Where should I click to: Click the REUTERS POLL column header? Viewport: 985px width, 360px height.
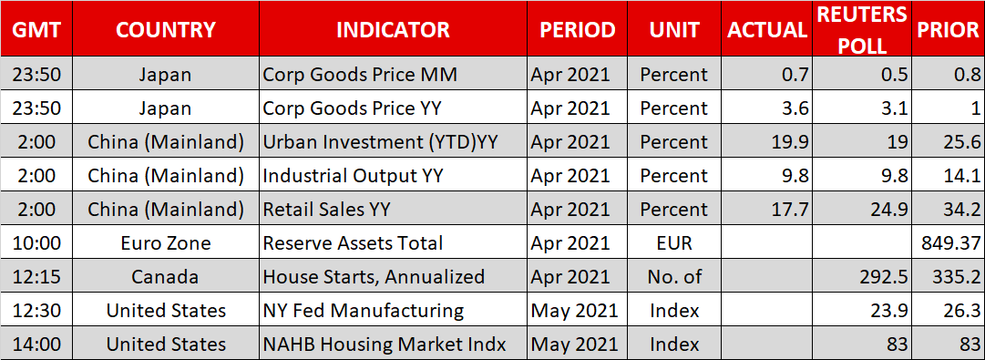pyautogui.click(x=861, y=29)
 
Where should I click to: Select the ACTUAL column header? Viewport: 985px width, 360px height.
pyautogui.click(x=767, y=29)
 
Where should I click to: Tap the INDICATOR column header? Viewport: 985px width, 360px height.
pyautogui.click(x=394, y=29)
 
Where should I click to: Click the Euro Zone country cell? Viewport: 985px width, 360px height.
pyautogui.click(x=166, y=242)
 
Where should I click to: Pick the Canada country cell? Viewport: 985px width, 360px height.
pyautogui.click(x=166, y=276)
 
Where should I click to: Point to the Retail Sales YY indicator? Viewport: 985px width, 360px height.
pyautogui.click(x=326, y=210)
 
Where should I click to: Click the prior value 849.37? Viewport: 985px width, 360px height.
pyautogui.click(x=948, y=242)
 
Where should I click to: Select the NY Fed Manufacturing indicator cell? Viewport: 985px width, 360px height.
pyautogui.click(x=363, y=311)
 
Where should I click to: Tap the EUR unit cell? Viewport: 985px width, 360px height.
pyautogui.click(x=674, y=242)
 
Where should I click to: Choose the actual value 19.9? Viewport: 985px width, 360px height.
pyautogui.click(x=790, y=142)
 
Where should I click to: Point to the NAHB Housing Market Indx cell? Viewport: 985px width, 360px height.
pyautogui.click(x=385, y=345)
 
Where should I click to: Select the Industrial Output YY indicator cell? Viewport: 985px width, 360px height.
pyautogui.click(x=353, y=175)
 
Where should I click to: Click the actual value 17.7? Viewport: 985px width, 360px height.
pyautogui.click(x=790, y=210)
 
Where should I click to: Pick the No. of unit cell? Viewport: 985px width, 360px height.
pyautogui.click(x=674, y=276)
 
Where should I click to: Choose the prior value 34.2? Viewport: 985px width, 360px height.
pyautogui.click(x=962, y=210)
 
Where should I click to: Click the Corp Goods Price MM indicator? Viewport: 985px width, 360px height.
pyautogui.click(x=359, y=75)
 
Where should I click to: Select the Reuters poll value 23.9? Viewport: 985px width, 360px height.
pyautogui.click(x=889, y=311)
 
